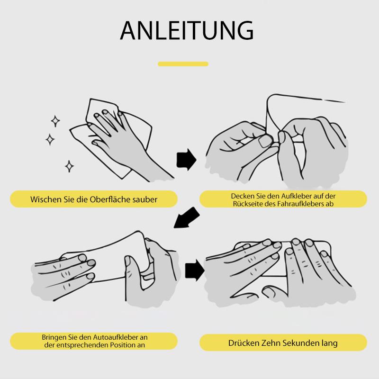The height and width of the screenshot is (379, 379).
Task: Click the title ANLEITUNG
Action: [x=187, y=31]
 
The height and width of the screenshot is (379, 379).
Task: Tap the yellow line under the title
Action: [x=183, y=64]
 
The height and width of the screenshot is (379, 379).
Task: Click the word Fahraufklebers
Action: [x=301, y=204]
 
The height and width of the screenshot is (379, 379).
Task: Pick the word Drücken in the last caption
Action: [x=242, y=343]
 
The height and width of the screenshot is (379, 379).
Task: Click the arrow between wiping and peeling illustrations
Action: [x=186, y=159]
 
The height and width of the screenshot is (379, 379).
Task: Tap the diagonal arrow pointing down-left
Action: [x=187, y=218]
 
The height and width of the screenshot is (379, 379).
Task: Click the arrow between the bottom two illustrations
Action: [x=195, y=270]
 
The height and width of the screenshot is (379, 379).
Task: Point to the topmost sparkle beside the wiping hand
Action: [x=55, y=121]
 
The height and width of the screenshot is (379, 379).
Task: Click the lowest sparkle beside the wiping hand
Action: [x=69, y=166]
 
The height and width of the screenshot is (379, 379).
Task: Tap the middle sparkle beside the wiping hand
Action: [x=50, y=139]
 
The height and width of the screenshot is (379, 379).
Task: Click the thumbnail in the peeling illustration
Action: [x=265, y=141]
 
